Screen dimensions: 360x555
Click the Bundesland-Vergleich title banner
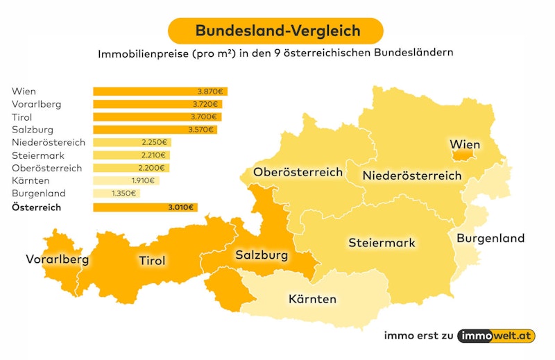pos(277,31)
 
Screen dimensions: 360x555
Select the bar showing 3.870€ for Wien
pos(160,92)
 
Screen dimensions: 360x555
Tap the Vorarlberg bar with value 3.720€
pos(157,104)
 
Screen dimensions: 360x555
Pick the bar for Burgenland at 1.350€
pos(117,194)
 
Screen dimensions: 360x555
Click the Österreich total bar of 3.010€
pos(145,207)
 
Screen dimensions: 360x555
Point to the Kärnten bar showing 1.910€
pos(126,181)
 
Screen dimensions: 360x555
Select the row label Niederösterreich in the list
pos(49,142)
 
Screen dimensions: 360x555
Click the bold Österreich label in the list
pos(37,207)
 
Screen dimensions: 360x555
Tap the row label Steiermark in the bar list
pos(37,155)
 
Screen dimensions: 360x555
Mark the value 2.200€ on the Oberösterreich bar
pos(152,168)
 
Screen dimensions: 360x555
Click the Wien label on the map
pos(465,144)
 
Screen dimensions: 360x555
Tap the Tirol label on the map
pos(152,261)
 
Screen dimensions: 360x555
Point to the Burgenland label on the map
pos(490,239)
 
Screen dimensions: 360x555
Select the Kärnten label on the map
pos(312,300)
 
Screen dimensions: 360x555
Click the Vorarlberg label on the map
pos(58,260)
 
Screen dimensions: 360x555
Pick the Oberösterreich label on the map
pos(298,172)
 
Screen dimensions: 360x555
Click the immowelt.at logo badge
pos(496,336)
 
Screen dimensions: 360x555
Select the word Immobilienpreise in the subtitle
pos(143,53)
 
